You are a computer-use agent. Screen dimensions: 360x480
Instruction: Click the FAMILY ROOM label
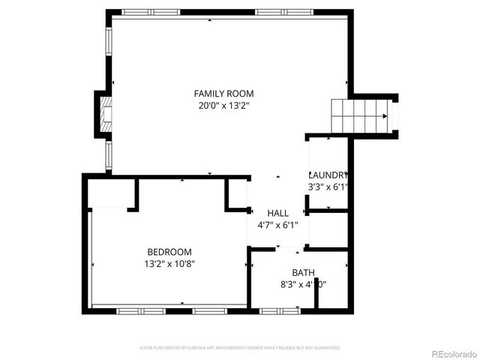[x=223, y=94]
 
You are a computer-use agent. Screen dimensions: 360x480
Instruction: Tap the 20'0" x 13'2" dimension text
[x=223, y=106]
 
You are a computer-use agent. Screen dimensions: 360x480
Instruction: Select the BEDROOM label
[x=169, y=252]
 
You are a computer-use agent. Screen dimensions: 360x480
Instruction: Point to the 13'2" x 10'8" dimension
[x=170, y=264]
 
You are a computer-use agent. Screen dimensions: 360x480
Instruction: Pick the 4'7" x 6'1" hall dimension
[x=277, y=224]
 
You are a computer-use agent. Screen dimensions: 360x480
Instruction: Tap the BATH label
[x=303, y=272]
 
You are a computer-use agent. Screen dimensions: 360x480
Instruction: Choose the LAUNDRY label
[x=328, y=174]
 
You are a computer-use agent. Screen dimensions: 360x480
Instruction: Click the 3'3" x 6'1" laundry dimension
[x=328, y=186]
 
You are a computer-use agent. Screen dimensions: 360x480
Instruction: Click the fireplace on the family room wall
[x=103, y=115]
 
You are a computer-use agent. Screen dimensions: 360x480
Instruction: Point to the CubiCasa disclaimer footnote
[x=240, y=348]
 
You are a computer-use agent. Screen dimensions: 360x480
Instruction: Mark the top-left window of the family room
[x=145, y=13]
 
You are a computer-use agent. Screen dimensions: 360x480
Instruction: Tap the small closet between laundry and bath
[x=328, y=229]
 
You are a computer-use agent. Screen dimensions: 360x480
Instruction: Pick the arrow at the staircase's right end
[x=385, y=116]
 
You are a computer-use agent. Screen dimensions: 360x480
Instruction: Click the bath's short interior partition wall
[x=316, y=293]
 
